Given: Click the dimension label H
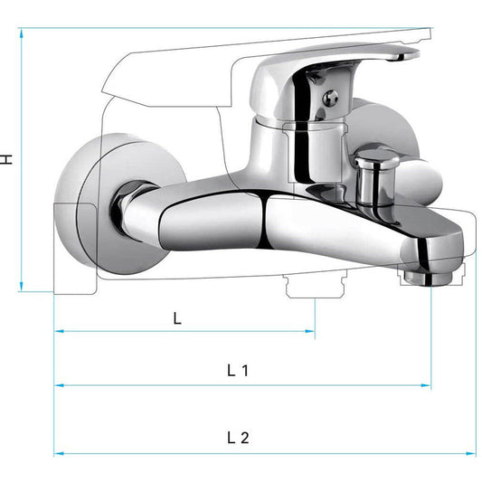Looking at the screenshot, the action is (5, 159).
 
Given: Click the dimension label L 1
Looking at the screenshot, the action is (238, 371).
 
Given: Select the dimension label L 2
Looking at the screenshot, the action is (238, 438).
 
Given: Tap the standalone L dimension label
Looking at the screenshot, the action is (177, 318).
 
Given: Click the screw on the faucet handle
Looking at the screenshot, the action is (330, 98).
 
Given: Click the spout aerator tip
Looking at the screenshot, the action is (428, 278).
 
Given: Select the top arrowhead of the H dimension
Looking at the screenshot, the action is (21, 33).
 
